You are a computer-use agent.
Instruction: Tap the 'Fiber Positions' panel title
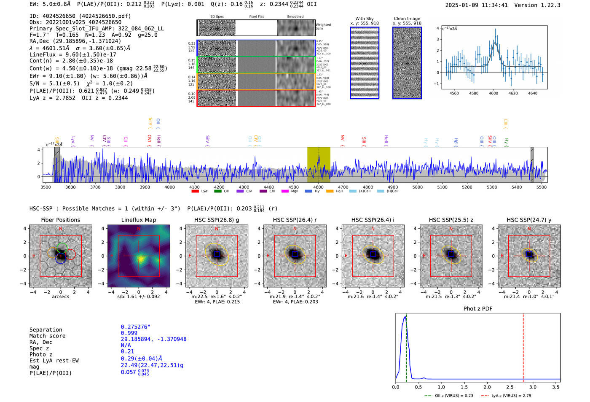(60, 220)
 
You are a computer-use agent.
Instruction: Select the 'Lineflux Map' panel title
(139, 220)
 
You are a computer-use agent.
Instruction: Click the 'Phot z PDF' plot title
(478, 309)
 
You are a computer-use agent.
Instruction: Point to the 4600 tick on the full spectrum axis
(318, 187)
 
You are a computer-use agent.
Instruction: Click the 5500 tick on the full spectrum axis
(542, 187)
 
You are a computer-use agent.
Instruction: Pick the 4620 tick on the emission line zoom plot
(513, 93)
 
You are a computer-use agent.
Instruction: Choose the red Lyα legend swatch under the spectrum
(195, 192)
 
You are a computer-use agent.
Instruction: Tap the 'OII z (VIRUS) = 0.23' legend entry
(449, 396)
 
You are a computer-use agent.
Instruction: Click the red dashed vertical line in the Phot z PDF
(523, 346)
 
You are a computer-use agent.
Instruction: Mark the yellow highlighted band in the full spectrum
(318, 165)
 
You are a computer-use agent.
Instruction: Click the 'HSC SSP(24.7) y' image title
(529, 220)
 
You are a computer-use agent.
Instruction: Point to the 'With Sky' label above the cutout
(365, 19)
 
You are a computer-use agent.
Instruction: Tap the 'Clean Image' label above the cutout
(407, 19)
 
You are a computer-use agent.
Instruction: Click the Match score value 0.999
(129, 333)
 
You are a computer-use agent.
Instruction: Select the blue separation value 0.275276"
(136, 327)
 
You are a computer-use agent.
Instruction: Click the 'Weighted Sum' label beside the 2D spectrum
(323, 27)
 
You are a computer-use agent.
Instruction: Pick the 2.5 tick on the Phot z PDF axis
(510, 387)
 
